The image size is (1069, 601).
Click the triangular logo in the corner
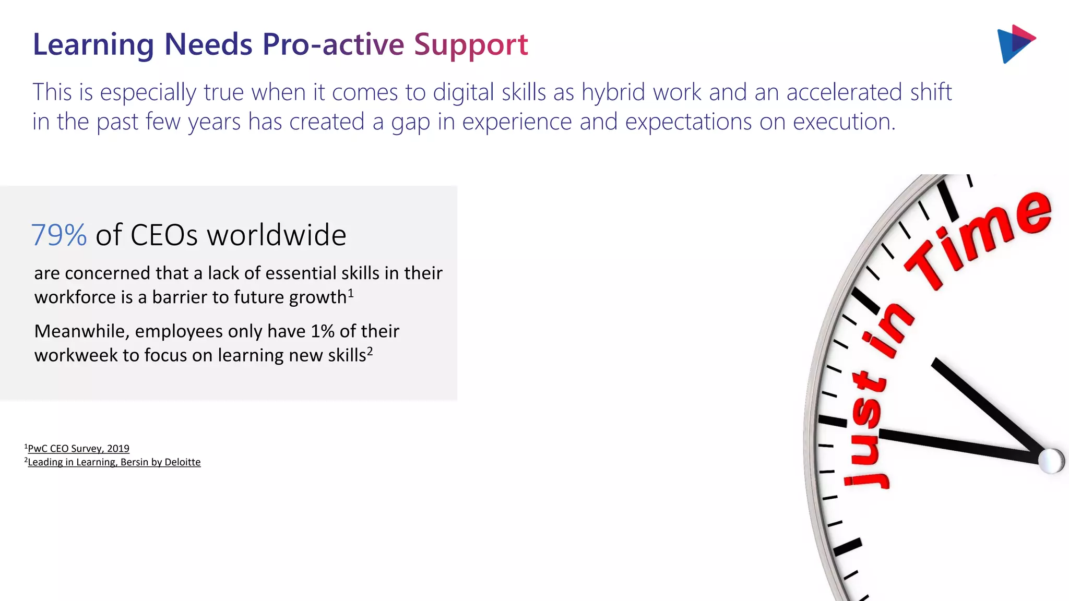(x=1015, y=44)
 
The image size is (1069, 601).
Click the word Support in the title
(x=471, y=45)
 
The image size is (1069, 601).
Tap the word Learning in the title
(x=93, y=45)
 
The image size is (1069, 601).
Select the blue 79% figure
(x=59, y=235)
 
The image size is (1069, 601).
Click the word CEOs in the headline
(x=164, y=235)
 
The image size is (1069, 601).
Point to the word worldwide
(x=277, y=235)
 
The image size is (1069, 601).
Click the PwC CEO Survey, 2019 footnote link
(x=78, y=449)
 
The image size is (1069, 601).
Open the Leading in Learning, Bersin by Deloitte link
(x=114, y=462)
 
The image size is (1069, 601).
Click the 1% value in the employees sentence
(x=323, y=331)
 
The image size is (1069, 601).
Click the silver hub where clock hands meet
(x=1050, y=461)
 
